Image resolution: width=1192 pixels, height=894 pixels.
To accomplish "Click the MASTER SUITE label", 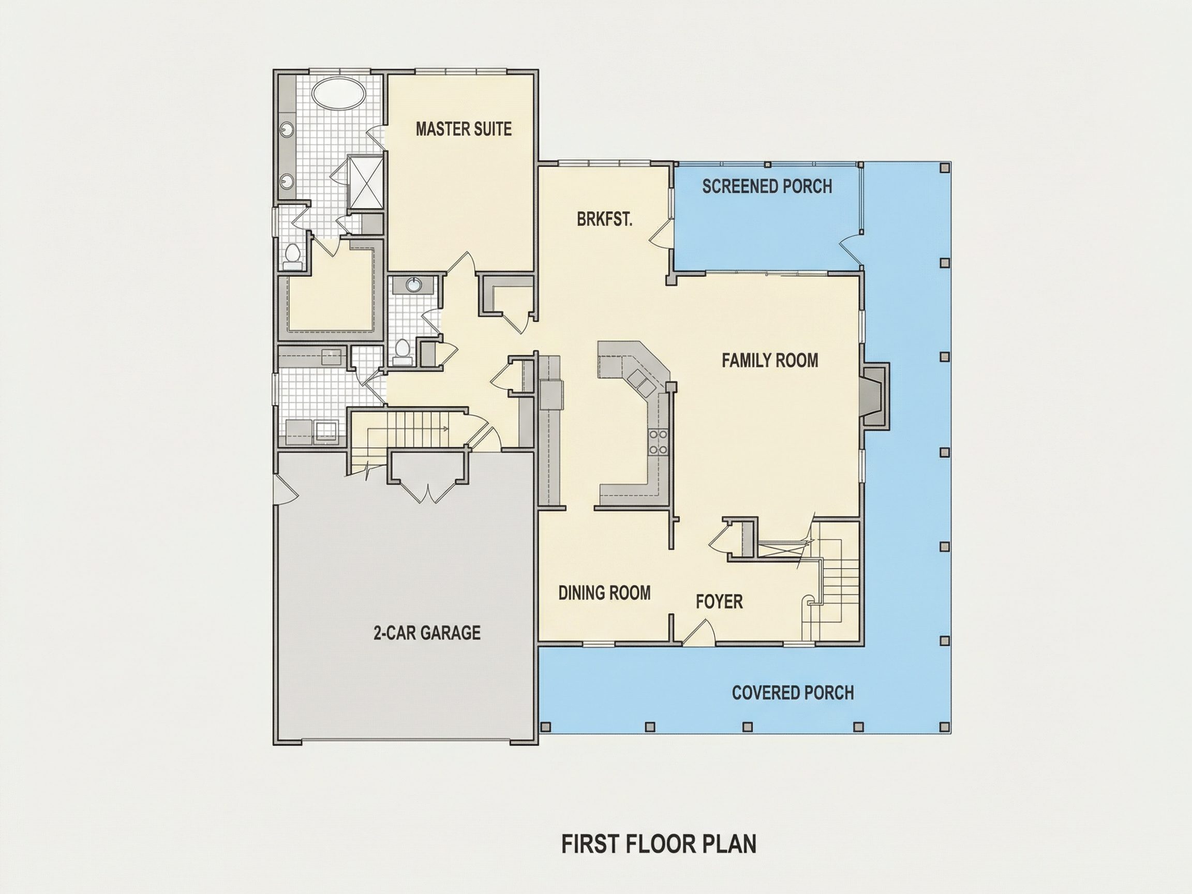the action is click(x=464, y=129).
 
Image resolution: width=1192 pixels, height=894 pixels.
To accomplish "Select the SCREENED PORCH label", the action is click(x=767, y=186).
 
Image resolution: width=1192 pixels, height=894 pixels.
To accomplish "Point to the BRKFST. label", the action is click(x=604, y=219).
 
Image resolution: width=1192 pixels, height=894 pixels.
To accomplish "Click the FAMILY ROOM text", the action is click(x=770, y=360).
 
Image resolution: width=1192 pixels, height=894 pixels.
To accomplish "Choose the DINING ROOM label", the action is click(x=604, y=593).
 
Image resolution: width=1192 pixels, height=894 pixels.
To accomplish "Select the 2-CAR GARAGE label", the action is click(x=427, y=632).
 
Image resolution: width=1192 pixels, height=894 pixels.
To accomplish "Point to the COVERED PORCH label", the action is click(x=793, y=692).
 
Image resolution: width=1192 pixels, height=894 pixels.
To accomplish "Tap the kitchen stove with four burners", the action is click(x=659, y=442).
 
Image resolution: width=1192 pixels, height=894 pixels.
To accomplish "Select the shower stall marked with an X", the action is click(x=365, y=182).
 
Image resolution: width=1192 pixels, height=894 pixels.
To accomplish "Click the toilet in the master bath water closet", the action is click(x=293, y=257).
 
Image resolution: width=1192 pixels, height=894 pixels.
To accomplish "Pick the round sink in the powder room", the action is click(x=413, y=285).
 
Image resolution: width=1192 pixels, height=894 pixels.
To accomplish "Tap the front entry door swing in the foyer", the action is click(x=699, y=632).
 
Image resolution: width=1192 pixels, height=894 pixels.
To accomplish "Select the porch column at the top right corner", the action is click(x=944, y=168).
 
